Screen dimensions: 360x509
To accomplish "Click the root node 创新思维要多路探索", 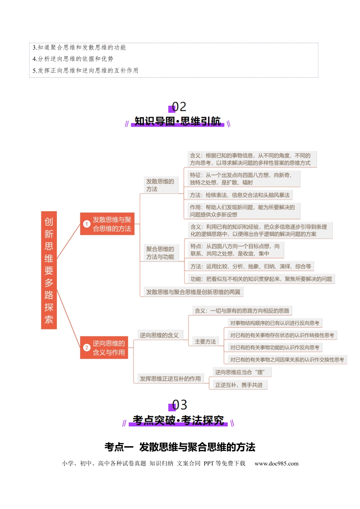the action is click(49, 270).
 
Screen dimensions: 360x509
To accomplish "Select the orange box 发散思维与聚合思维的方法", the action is click(107, 224).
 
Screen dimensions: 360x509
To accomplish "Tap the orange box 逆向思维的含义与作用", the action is click(104, 347).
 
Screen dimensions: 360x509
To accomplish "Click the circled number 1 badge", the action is click(86, 224).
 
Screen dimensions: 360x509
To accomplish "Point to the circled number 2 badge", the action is click(86, 348).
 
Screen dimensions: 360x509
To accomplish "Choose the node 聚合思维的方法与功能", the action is click(161, 253).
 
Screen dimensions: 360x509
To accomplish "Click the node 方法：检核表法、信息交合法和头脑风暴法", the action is click(240, 195).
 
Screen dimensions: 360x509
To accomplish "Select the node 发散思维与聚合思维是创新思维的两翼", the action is click(193, 292).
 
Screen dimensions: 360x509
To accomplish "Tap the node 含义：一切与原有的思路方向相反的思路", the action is click(242, 311).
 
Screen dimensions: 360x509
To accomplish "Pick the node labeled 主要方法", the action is click(205, 342).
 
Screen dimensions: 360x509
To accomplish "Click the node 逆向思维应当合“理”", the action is click(242, 372).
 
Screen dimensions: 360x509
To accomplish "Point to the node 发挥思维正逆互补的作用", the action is click(170, 379).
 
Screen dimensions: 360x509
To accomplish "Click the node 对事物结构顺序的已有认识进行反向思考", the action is click(275, 323).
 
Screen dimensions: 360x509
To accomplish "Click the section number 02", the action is click(179, 107).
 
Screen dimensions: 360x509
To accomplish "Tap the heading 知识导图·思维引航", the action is click(178, 121).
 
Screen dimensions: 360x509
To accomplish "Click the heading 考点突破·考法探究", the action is click(178, 420).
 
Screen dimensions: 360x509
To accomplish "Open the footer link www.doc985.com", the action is click(277, 464).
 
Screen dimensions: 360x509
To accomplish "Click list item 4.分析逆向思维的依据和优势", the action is click(73, 59).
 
